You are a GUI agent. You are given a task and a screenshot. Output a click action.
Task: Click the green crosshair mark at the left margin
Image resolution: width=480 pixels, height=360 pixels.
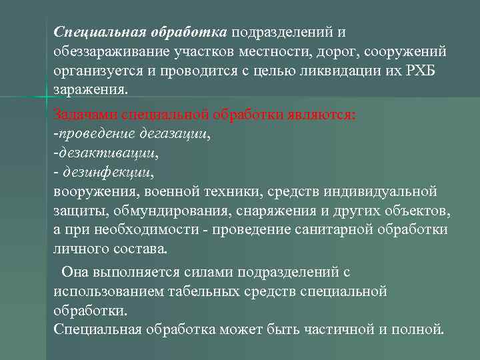tap(46, 98)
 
